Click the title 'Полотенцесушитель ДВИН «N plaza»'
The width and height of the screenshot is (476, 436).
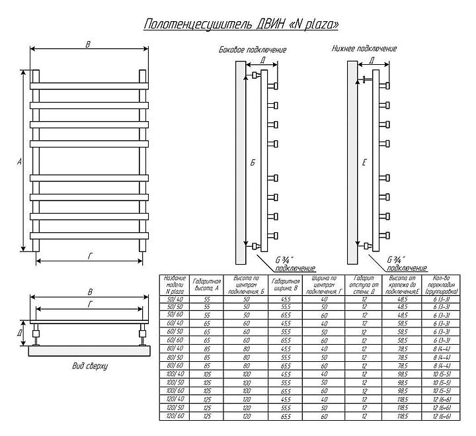pos(242,24)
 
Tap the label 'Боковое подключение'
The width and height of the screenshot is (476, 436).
pos(253,50)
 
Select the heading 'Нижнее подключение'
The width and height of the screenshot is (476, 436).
pos(364,49)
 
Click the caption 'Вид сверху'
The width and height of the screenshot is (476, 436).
pos(89,365)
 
